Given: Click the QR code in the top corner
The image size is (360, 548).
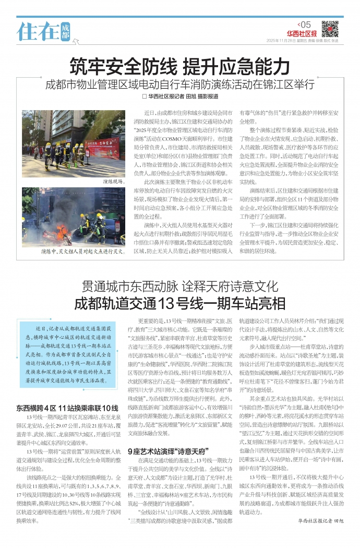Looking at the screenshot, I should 329,29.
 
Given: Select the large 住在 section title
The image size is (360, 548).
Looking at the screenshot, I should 38,31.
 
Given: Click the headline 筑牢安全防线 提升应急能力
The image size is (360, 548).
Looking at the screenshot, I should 179,67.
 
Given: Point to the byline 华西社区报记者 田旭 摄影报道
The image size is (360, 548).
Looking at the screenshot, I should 180,97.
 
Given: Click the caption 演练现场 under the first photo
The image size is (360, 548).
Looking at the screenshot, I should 113,182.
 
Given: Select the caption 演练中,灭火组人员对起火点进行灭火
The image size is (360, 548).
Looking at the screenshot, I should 82,252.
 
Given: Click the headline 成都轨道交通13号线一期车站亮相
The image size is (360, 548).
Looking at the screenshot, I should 179,303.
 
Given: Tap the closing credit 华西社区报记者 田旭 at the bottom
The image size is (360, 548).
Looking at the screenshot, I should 321,535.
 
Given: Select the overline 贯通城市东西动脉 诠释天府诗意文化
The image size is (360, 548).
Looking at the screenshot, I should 179,287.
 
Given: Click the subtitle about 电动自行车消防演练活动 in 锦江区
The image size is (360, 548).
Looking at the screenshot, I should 179,84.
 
